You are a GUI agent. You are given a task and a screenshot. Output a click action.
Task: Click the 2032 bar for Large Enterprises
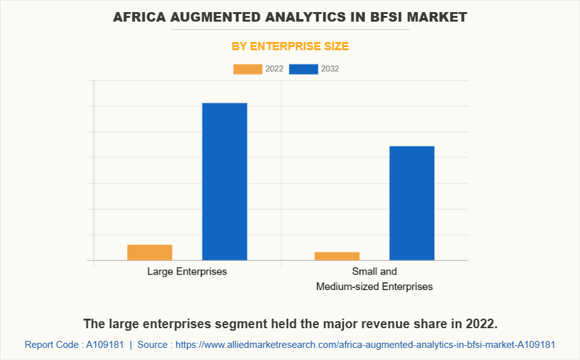224,181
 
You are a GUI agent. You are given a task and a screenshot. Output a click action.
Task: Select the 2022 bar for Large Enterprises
149,253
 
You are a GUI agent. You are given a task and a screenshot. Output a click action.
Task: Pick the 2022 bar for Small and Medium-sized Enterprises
337,256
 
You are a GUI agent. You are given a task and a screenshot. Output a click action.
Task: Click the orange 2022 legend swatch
247,69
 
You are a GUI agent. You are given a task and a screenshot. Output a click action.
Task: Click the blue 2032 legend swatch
303,69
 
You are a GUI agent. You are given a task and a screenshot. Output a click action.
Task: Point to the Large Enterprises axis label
187,272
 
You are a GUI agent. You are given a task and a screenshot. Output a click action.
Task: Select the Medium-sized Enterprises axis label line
375,287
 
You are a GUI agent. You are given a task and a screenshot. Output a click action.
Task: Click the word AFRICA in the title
137,17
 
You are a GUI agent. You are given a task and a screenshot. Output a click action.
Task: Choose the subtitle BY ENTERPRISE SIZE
290,46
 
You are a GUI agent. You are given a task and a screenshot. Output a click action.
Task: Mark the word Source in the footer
152,345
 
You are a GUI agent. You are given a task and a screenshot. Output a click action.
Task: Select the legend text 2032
330,69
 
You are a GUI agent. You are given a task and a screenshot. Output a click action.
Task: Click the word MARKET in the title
439,17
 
